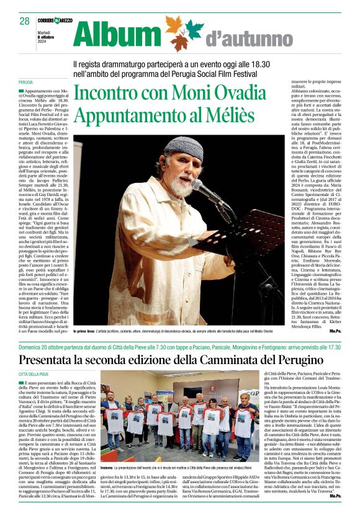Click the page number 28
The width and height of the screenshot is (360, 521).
[25, 21]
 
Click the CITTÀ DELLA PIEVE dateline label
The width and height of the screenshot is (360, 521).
[34, 375]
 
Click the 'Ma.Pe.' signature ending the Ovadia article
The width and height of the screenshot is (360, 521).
[334, 332]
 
